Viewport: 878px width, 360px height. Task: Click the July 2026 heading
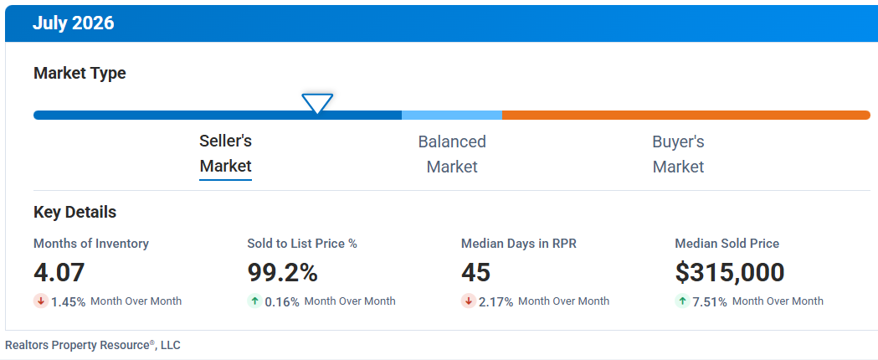point(73,23)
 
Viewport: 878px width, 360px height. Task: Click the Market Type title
point(80,74)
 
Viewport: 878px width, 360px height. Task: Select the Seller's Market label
point(226,153)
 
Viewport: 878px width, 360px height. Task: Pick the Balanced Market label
point(452,154)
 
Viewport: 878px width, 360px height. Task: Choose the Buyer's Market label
point(678,154)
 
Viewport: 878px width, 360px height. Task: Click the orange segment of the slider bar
point(686,115)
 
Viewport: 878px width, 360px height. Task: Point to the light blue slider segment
point(452,115)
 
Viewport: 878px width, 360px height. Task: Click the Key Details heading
point(75,213)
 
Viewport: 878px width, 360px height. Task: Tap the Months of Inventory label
point(91,244)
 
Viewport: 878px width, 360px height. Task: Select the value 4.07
point(59,273)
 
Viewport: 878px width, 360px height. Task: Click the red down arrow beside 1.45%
point(41,301)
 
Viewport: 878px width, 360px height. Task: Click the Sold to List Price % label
point(302,244)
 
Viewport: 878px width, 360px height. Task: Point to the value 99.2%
point(282,273)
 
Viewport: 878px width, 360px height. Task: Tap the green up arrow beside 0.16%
point(254,301)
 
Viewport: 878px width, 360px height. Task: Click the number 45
point(476,273)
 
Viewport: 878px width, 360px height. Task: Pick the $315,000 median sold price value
point(730,273)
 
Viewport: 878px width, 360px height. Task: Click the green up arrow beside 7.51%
point(683,301)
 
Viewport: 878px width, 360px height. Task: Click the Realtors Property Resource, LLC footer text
point(93,345)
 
